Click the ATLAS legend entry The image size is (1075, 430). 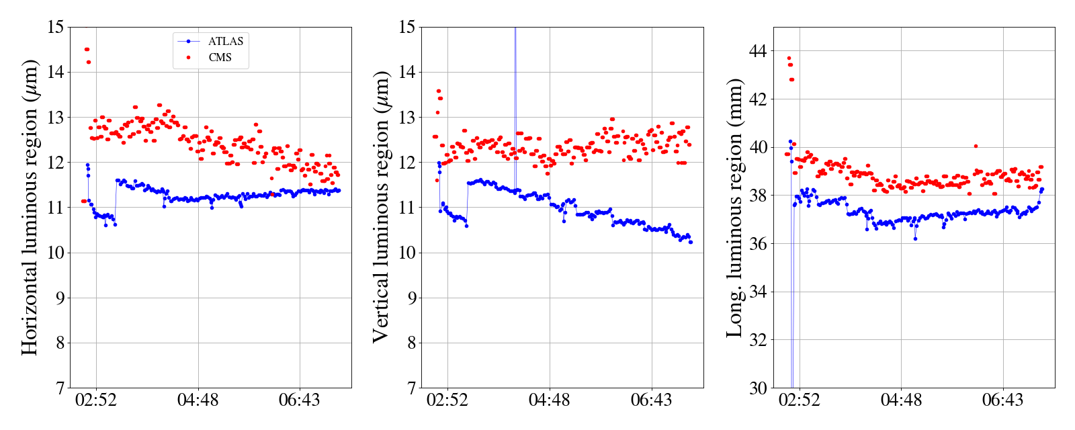tap(226, 42)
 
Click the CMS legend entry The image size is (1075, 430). tap(220, 58)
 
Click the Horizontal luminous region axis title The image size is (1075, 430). tap(30, 207)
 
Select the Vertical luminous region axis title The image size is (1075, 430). tap(381, 207)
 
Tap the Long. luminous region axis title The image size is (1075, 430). tap(734, 207)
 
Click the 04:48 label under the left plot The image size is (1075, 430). tap(198, 401)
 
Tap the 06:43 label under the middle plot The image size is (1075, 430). tap(651, 401)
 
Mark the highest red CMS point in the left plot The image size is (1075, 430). tap(87, 49)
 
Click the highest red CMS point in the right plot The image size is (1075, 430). tap(789, 58)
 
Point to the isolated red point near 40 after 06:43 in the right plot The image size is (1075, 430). tap(976, 146)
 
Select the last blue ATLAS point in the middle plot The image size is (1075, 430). tap(691, 242)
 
